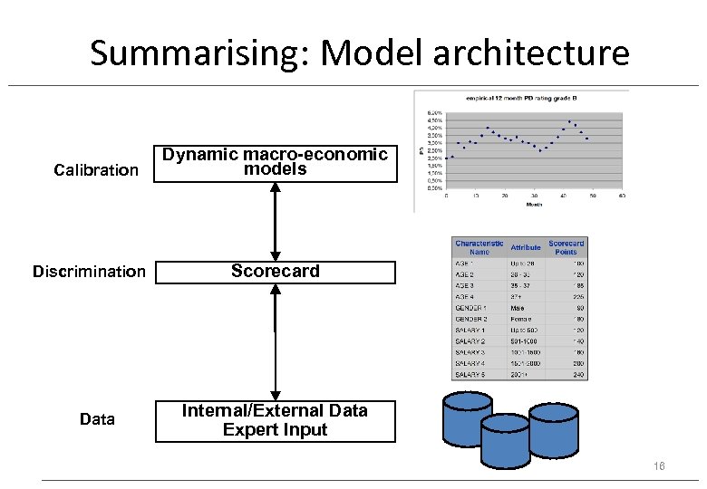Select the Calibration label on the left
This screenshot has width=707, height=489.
(x=96, y=170)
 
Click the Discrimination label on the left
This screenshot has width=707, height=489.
(x=89, y=272)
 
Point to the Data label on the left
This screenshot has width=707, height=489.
(x=97, y=419)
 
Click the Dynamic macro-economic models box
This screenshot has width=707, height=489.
(x=276, y=162)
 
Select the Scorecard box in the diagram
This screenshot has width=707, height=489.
(x=276, y=272)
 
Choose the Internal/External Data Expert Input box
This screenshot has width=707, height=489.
(x=276, y=420)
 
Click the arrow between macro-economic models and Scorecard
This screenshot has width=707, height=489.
(x=276, y=222)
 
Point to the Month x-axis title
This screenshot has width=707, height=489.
(x=535, y=204)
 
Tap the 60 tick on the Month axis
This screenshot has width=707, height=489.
(x=622, y=195)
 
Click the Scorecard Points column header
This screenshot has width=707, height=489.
(x=567, y=247)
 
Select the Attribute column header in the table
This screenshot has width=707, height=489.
(x=525, y=247)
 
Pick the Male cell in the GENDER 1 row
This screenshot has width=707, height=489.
(x=518, y=308)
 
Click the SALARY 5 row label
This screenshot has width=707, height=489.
(x=472, y=375)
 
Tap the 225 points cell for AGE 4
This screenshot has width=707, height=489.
(x=577, y=296)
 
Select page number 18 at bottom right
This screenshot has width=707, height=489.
(x=659, y=465)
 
